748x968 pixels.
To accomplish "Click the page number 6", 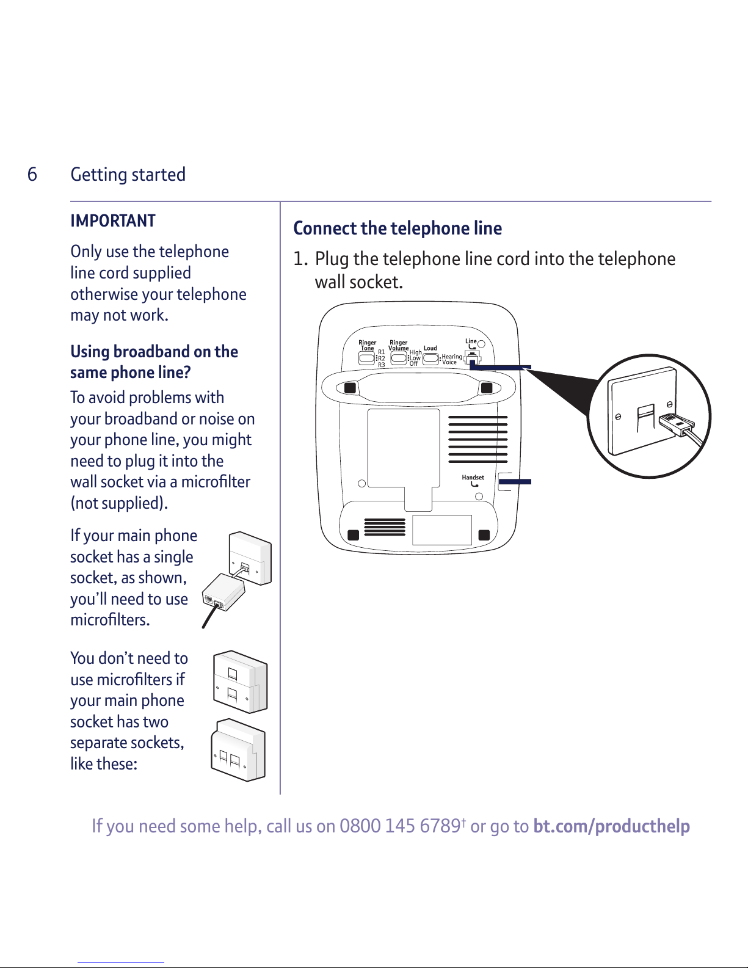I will tap(32, 175).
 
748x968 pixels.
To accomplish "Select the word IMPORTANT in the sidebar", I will tap(113, 221).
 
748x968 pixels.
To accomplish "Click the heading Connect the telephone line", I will tap(398, 228).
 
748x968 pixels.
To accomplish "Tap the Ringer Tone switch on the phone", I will tap(366, 358).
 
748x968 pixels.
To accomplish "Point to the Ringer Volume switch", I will tap(398, 358).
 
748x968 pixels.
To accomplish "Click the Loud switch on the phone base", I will tap(430, 358).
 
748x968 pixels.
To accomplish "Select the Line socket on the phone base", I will tap(473, 358).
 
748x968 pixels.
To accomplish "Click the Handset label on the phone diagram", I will tap(473, 478).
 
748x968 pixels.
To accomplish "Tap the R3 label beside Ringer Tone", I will tap(382, 365).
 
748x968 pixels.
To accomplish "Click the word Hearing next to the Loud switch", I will tap(452, 357).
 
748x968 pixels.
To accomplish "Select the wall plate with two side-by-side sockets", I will tap(238, 751).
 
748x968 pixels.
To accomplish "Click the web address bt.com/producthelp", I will tap(611, 826).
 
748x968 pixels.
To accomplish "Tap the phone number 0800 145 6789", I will tap(400, 826).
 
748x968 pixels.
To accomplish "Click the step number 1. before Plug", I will tap(300, 260).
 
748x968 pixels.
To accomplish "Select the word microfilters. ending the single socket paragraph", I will tap(110, 620).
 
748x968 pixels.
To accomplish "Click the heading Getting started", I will tap(128, 175).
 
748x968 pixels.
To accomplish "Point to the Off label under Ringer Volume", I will tap(414, 363).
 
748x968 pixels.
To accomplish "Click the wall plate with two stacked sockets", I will tap(240, 682).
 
